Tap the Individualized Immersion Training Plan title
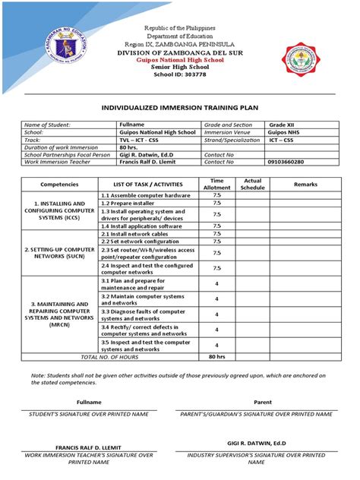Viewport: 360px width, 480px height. [x=180, y=109]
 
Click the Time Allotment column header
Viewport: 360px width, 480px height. [x=217, y=183]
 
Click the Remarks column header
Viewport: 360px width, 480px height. [x=305, y=184]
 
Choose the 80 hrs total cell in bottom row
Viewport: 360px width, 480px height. [x=217, y=356]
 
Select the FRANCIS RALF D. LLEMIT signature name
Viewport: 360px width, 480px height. [x=89, y=447]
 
